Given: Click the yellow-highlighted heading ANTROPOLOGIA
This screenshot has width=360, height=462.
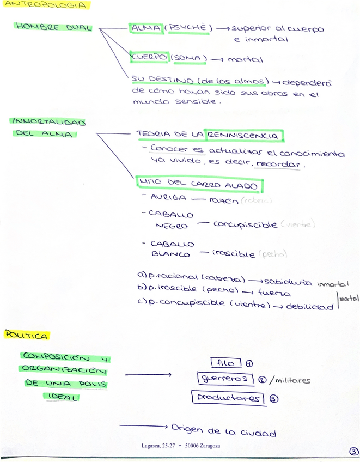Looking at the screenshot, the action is point(45,5).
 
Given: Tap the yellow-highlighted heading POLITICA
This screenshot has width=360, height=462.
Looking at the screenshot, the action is point(27,335).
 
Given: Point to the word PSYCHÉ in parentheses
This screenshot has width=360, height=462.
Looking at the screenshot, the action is point(188,27).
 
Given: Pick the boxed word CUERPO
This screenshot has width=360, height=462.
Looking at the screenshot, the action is point(149,57).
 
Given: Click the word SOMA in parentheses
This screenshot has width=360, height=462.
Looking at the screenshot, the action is point(189,58).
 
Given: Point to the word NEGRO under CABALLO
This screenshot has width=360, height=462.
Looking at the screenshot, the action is point(172,226).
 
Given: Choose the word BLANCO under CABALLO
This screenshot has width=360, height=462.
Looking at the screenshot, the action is point(170,254).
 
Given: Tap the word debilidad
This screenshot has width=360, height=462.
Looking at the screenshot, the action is point(309,307).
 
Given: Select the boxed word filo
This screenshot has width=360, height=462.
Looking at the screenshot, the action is point(224,363).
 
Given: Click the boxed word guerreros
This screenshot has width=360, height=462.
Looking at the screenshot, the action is point(224,379).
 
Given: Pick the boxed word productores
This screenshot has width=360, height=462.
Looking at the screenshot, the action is point(228,398).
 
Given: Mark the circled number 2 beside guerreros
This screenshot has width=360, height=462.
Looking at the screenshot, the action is point(263,380).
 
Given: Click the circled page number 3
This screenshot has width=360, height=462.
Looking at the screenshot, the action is point(353,452).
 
